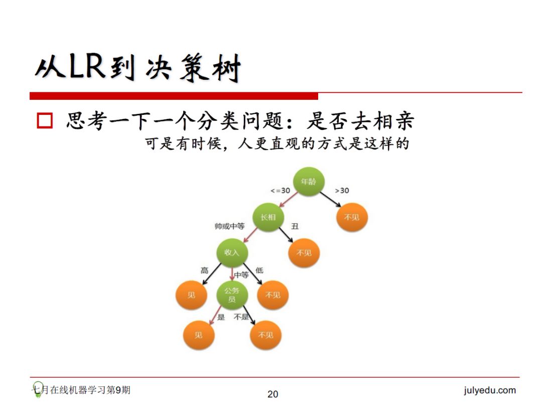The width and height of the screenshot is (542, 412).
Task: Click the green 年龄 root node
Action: (309, 182)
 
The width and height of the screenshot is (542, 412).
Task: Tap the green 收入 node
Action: (232, 252)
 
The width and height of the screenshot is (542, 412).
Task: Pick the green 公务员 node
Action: (232, 295)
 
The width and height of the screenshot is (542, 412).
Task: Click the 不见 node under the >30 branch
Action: (351, 217)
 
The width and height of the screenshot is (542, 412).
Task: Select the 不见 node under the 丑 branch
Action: (304, 253)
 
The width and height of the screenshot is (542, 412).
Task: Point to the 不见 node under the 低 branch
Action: (273, 295)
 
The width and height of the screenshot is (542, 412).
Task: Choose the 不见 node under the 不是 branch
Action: (265, 335)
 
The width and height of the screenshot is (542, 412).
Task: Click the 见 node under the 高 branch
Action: (191, 295)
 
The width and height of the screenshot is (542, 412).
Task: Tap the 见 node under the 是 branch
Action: (198, 335)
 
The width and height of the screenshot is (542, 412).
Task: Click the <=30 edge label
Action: (280, 191)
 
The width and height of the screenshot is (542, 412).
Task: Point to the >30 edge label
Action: (342, 191)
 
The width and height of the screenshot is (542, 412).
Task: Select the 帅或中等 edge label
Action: (229, 227)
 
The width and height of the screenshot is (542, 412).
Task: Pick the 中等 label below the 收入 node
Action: (241, 275)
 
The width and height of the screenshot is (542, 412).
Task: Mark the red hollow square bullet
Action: (45, 121)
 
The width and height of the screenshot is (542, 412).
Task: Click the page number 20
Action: (273, 394)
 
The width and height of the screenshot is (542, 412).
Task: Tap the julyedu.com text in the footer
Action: (489, 390)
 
